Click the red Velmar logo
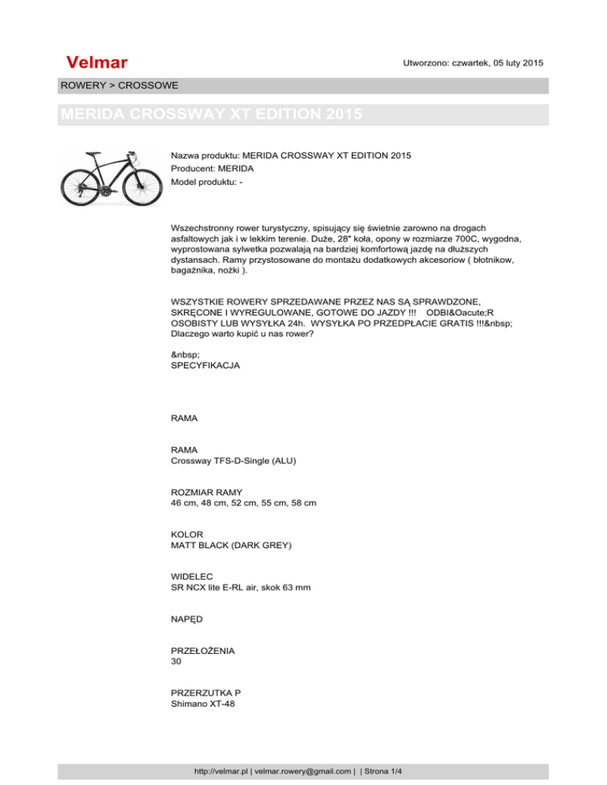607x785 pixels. point(97,62)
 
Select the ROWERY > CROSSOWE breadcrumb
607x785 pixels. point(119,85)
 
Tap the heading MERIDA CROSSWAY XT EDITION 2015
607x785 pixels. point(211,115)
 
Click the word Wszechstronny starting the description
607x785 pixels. point(205,225)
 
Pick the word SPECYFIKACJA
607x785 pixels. point(205,366)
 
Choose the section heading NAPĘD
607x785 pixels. point(188,620)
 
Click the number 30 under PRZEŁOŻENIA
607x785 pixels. point(177,662)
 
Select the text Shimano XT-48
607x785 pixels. point(204,704)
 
